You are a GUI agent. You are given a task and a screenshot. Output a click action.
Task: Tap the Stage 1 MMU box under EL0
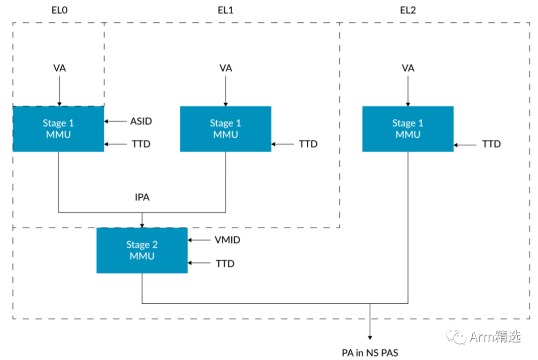pyautogui.click(x=58, y=128)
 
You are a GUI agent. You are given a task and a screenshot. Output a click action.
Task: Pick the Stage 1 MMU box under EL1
pyautogui.click(x=226, y=128)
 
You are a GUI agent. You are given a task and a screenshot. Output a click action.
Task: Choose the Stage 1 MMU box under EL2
pyautogui.click(x=408, y=128)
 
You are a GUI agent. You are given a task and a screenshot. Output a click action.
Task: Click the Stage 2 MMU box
pyautogui.click(x=142, y=250)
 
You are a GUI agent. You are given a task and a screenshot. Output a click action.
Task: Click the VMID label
pyautogui.click(x=227, y=240)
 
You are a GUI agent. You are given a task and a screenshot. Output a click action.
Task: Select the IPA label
pyautogui.click(x=142, y=197)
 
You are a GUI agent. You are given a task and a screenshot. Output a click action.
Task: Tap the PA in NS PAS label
pyautogui.click(x=370, y=353)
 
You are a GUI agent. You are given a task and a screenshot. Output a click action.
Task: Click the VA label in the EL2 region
pyautogui.click(x=408, y=68)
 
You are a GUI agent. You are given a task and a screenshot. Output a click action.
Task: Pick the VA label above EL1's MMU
pyautogui.click(x=226, y=68)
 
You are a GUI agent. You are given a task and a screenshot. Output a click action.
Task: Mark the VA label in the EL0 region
pyautogui.click(x=59, y=68)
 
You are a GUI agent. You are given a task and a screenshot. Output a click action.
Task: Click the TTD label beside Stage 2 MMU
pyautogui.click(x=225, y=263)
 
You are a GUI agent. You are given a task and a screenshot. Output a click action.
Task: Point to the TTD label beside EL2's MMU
pyautogui.click(x=491, y=144)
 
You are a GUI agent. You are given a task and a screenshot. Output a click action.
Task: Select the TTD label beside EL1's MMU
pyautogui.click(x=308, y=144)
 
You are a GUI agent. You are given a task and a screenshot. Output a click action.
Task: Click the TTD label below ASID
pyautogui.click(x=141, y=144)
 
